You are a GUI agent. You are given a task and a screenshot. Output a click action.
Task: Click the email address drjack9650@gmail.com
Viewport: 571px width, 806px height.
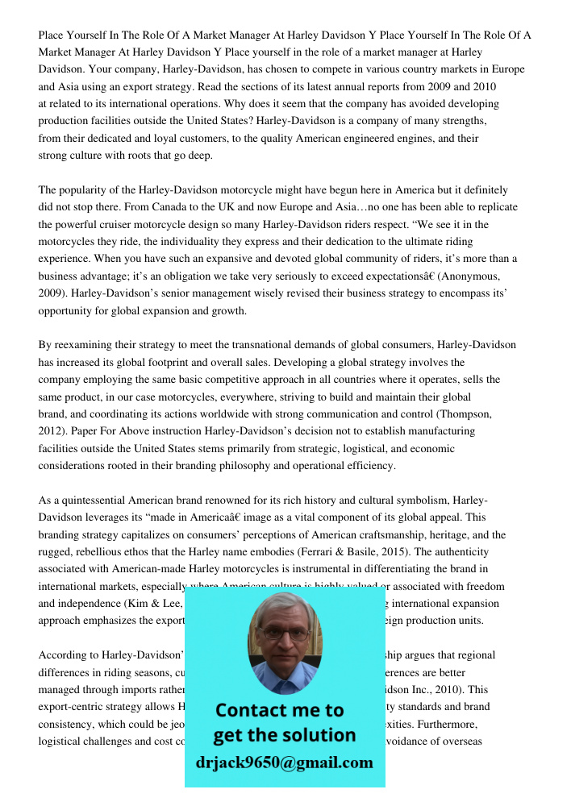pyautogui.click(x=284, y=762)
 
